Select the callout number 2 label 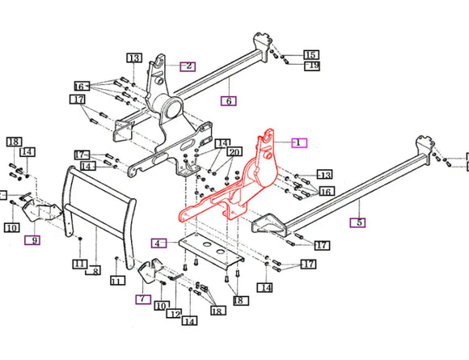(x=188, y=66)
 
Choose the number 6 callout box (x=229, y=101)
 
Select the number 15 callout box (x=311, y=54)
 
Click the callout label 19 (x=311, y=66)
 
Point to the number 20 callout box (x=234, y=153)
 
